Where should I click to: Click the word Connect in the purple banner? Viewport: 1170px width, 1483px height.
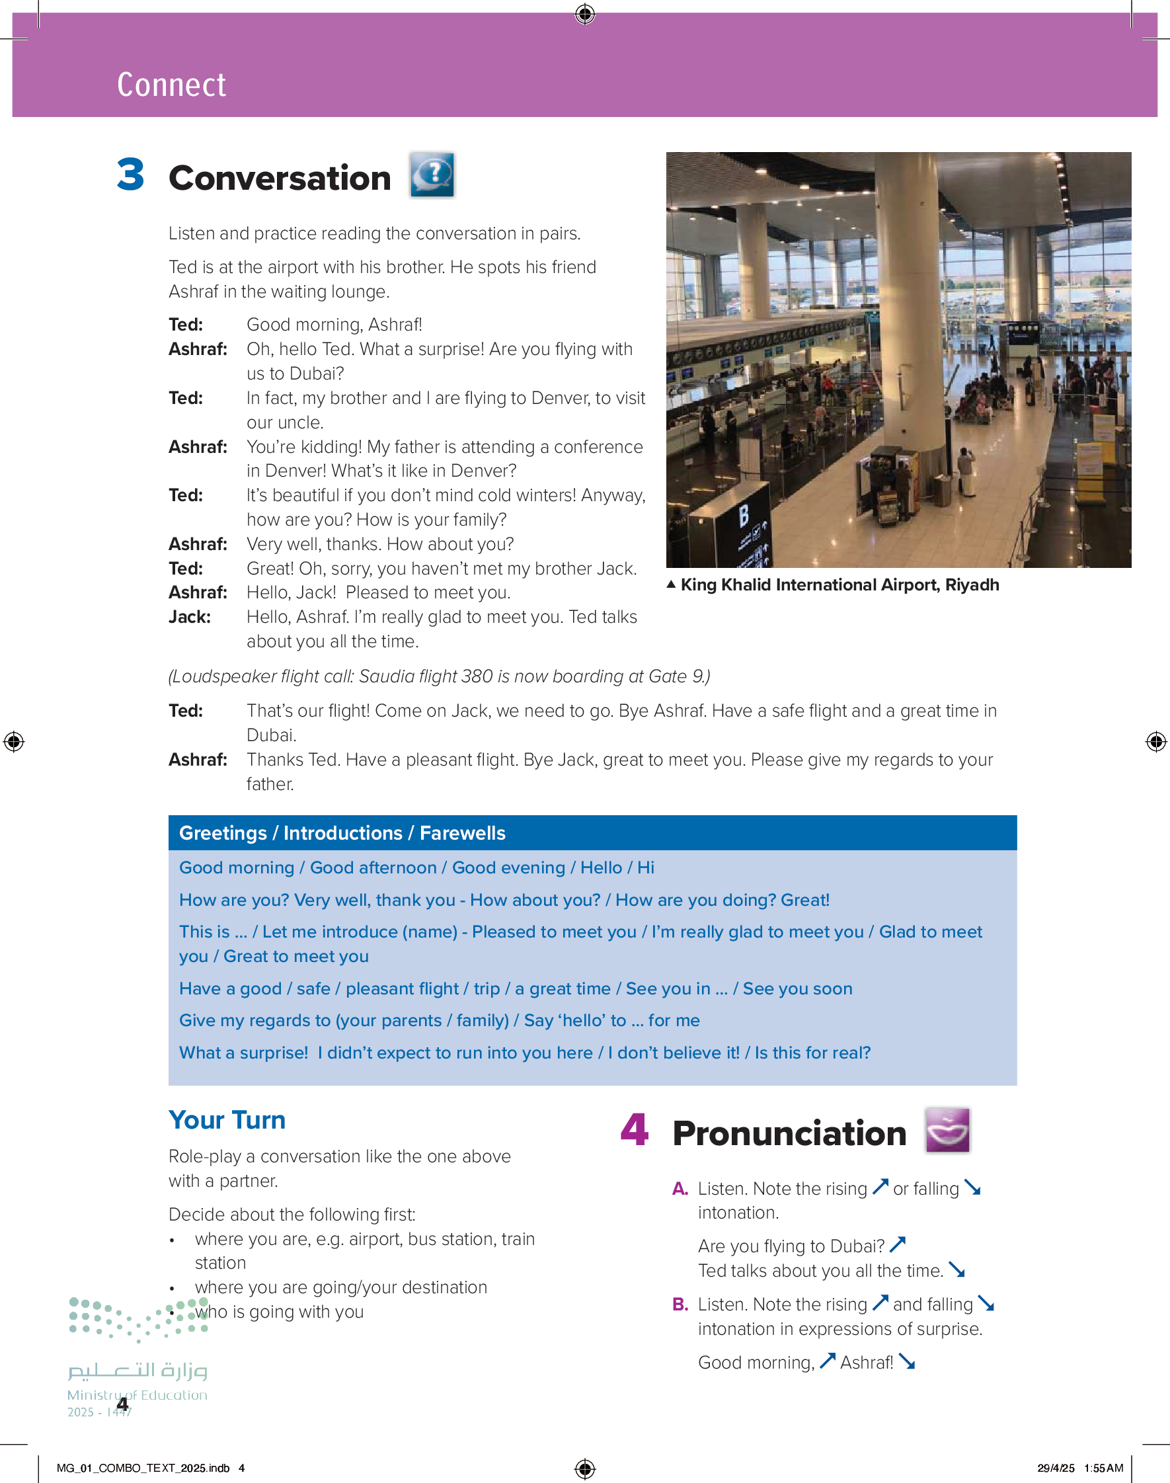(171, 85)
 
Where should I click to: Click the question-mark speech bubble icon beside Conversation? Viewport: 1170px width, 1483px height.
(432, 175)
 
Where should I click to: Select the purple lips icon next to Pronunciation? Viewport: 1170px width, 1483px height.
(947, 1129)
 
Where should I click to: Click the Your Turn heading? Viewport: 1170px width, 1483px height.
(227, 1120)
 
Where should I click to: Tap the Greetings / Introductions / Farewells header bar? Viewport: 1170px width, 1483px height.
(592, 833)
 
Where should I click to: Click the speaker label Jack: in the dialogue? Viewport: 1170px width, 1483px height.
(189, 617)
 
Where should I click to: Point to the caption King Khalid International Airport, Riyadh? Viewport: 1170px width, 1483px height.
(839, 585)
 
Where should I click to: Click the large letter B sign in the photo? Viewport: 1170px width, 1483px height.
(743, 514)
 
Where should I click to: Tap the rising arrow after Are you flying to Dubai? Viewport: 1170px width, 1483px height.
(898, 1244)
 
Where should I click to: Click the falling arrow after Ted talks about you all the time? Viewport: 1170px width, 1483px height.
(957, 1270)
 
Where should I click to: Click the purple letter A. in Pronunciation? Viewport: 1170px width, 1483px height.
(680, 1189)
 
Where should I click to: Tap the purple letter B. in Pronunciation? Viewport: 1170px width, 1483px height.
(680, 1304)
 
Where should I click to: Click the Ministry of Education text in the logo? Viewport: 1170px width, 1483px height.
(137, 1394)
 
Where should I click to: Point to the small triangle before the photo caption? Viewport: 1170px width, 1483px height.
(672, 584)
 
